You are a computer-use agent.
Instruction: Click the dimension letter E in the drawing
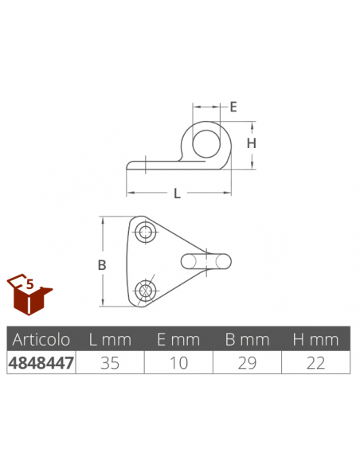pyautogui.click(x=234, y=107)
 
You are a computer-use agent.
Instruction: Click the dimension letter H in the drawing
pyautogui.click(x=250, y=143)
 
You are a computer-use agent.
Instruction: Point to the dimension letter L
pyautogui.click(x=177, y=193)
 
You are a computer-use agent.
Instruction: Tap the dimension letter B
pyautogui.click(x=102, y=265)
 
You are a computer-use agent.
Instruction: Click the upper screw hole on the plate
pyautogui.click(x=145, y=232)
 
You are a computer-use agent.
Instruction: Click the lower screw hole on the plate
pyautogui.click(x=145, y=291)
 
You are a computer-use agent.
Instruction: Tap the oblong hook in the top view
pyautogui.click(x=206, y=261)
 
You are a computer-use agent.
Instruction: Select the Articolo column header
pyautogui.click(x=40, y=340)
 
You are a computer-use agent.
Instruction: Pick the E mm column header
pyautogui.click(x=178, y=340)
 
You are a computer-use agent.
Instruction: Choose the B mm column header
pyautogui.click(x=247, y=340)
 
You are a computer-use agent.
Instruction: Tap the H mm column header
pyautogui.click(x=315, y=340)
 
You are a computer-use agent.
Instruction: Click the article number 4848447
pyautogui.click(x=40, y=362)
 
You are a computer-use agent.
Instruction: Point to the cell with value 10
pyautogui.click(x=178, y=362)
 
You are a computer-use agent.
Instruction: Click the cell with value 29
pyautogui.click(x=247, y=362)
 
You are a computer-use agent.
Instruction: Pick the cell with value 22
pyautogui.click(x=315, y=362)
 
